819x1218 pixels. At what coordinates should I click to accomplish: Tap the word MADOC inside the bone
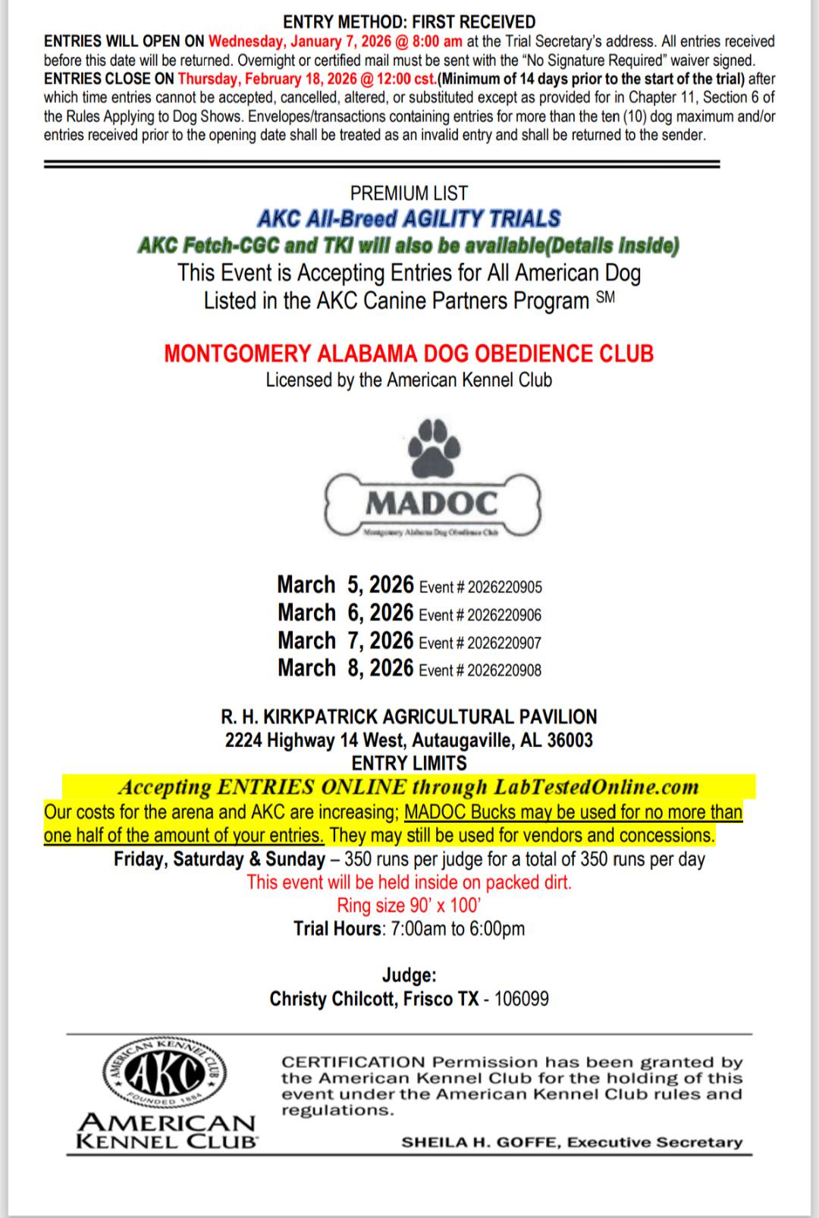pyautogui.click(x=431, y=502)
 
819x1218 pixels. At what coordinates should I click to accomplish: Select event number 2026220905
pyautogui.click(x=504, y=587)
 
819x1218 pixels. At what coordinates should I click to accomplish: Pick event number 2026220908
pyautogui.click(x=504, y=670)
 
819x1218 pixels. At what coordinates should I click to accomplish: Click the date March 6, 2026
pyautogui.click(x=345, y=613)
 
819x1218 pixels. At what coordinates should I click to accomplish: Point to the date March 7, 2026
pyautogui.click(x=345, y=641)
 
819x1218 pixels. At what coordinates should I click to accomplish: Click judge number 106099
pyautogui.click(x=521, y=998)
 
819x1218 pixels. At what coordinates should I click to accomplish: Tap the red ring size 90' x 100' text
pyautogui.click(x=409, y=905)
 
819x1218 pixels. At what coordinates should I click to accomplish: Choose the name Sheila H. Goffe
pyautogui.click(x=480, y=1142)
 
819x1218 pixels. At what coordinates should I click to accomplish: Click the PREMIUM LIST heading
pyautogui.click(x=409, y=193)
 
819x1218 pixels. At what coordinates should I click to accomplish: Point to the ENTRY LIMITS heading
pyautogui.click(x=409, y=763)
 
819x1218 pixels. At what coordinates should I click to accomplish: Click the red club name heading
pyautogui.click(x=409, y=353)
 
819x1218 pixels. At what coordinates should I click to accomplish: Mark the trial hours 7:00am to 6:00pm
pyautogui.click(x=457, y=928)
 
